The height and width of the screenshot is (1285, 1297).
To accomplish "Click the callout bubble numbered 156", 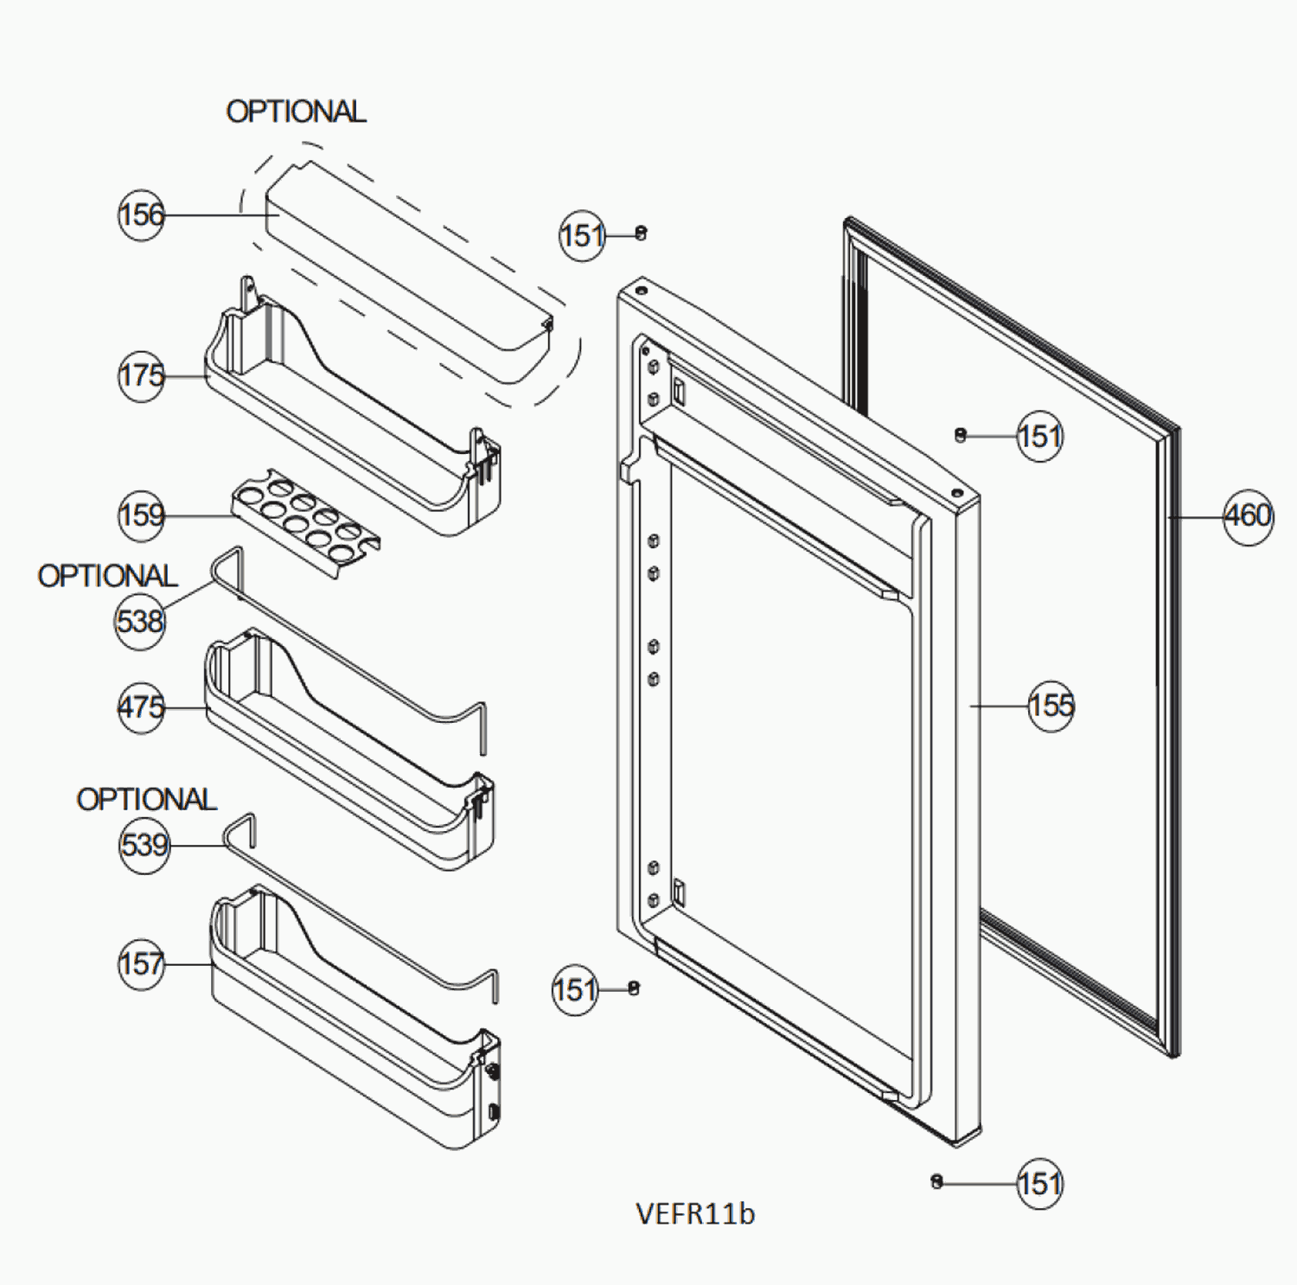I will [141, 214].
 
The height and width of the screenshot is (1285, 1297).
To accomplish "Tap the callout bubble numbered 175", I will [141, 376].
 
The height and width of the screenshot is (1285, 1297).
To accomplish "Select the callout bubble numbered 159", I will [141, 516].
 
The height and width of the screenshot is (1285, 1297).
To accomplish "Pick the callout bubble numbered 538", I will [139, 621].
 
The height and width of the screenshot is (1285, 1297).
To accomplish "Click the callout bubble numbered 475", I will [141, 707].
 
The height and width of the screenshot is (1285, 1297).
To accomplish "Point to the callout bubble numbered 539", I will [144, 845].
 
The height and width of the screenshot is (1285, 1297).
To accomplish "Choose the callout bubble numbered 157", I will [141, 963].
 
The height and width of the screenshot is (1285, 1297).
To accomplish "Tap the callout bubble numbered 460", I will [1248, 516].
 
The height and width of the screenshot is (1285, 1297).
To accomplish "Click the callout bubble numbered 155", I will [1051, 706].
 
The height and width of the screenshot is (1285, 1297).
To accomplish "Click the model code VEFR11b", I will [695, 1214].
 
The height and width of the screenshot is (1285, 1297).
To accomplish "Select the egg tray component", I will [305, 522].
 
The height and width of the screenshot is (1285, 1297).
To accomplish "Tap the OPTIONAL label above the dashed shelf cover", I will [296, 112].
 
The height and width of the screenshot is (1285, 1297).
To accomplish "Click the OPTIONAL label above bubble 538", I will [107, 576].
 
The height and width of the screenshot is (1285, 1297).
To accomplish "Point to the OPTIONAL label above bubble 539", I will [146, 799].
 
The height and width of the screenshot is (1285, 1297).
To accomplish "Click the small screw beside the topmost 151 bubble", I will [641, 232].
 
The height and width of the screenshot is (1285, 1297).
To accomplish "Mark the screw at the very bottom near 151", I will [936, 1181].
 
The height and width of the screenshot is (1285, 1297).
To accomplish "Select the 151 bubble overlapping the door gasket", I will [1039, 436].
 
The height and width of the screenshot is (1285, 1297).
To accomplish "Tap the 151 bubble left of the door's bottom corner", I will [575, 989].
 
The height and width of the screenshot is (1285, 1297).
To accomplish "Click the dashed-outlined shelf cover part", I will [406, 277].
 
